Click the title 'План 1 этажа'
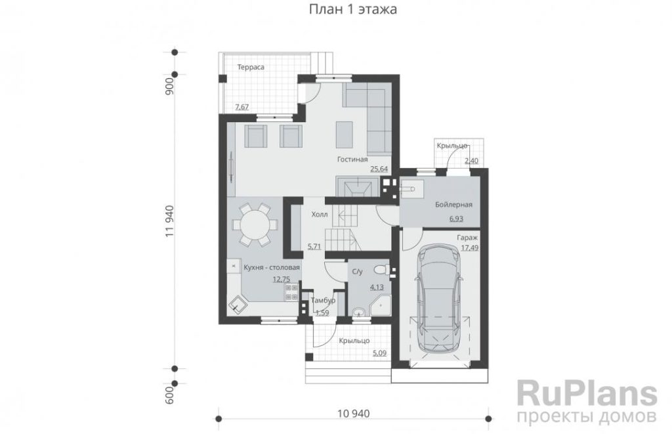coord(352,9)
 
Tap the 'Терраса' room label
coord(251,68)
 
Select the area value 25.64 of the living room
coord(379,169)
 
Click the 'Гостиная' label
coord(352,160)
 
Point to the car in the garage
coord(438,300)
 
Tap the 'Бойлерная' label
coord(453,205)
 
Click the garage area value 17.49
coord(470,248)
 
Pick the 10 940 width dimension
coord(354,414)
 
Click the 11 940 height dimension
coord(169,221)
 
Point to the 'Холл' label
coord(320,215)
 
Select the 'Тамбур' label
coord(323,301)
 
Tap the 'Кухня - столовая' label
coord(272,268)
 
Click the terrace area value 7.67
coord(241,107)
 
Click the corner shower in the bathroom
coord(381,305)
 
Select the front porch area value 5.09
coord(380,354)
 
